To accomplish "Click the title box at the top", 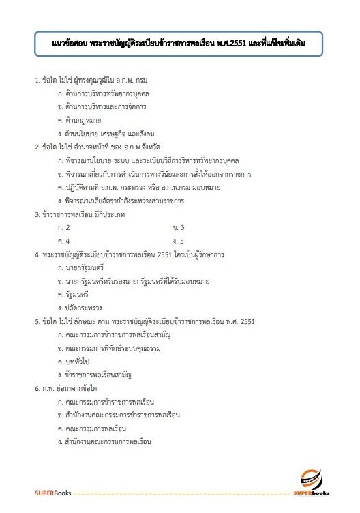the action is point(179,44).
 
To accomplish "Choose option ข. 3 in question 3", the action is point(179,227).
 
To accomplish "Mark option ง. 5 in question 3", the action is point(179,240).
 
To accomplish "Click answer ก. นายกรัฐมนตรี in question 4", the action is point(85,267).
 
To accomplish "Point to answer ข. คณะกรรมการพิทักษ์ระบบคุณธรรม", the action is point(113,347).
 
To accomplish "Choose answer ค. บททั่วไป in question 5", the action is point(79,361).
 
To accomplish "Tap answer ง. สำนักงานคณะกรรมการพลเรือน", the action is point(106,441).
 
